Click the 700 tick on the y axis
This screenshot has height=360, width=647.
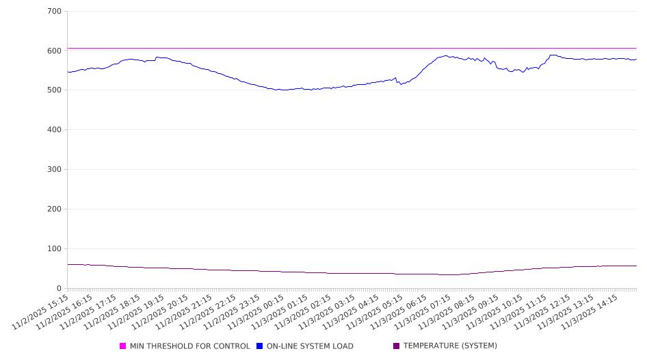[55, 12]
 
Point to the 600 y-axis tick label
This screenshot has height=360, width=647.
[55, 51]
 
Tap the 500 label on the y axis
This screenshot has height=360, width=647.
[55, 90]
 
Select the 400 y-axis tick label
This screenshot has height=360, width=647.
[55, 130]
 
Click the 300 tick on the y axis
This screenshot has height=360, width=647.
[55, 170]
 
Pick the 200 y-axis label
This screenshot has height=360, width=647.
[55, 209]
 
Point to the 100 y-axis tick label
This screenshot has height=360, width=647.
[55, 249]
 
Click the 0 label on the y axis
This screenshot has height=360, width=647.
[60, 289]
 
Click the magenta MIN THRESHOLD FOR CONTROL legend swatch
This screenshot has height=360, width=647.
[123, 346]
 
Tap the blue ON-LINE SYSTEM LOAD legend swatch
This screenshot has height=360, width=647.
[260, 346]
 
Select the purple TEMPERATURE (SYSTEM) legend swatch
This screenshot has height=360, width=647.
[397, 346]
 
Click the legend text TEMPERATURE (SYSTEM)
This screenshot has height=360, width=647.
[450, 346]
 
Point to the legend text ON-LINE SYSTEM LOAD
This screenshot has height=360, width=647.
[310, 346]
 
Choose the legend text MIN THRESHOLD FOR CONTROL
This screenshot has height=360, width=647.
[190, 346]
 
